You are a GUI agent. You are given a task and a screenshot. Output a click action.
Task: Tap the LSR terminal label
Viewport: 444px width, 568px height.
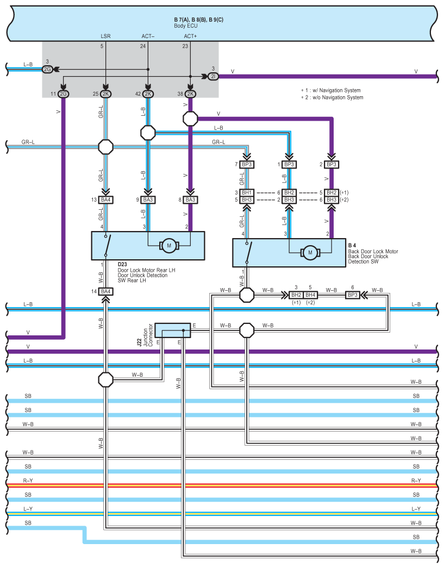coord(105,36)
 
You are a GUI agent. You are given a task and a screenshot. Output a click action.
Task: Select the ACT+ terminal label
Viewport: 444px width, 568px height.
coord(190,36)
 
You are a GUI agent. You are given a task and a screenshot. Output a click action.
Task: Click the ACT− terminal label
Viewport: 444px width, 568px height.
coord(148,36)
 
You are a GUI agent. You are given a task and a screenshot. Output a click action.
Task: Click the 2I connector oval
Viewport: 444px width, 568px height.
coord(213,77)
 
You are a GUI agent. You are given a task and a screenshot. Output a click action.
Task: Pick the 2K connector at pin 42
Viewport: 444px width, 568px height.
coord(148,94)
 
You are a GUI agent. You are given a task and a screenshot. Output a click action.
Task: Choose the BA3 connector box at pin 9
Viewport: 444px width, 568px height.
coord(148,200)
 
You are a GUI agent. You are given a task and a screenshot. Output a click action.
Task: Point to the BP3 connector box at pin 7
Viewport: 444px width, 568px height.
coord(247,164)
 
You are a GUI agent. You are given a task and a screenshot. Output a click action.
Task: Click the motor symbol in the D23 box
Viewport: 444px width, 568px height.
coord(169,246)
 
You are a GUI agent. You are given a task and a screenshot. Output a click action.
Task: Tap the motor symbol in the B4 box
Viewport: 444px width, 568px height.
coord(311,252)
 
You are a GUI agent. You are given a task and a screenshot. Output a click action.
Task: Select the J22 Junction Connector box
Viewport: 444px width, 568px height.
coord(173,329)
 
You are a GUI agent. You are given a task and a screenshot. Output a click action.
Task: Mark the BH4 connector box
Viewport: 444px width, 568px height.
coord(310,295)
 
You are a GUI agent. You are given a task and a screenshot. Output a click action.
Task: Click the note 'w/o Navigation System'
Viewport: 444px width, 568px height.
coord(334,97)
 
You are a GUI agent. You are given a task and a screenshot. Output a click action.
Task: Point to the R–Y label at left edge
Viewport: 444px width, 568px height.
coord(28,480)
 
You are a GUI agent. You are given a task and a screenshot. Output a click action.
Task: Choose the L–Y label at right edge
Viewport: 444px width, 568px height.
coord(416,509)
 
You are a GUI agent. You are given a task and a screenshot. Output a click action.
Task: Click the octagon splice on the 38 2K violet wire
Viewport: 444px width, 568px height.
coord(190,118)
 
